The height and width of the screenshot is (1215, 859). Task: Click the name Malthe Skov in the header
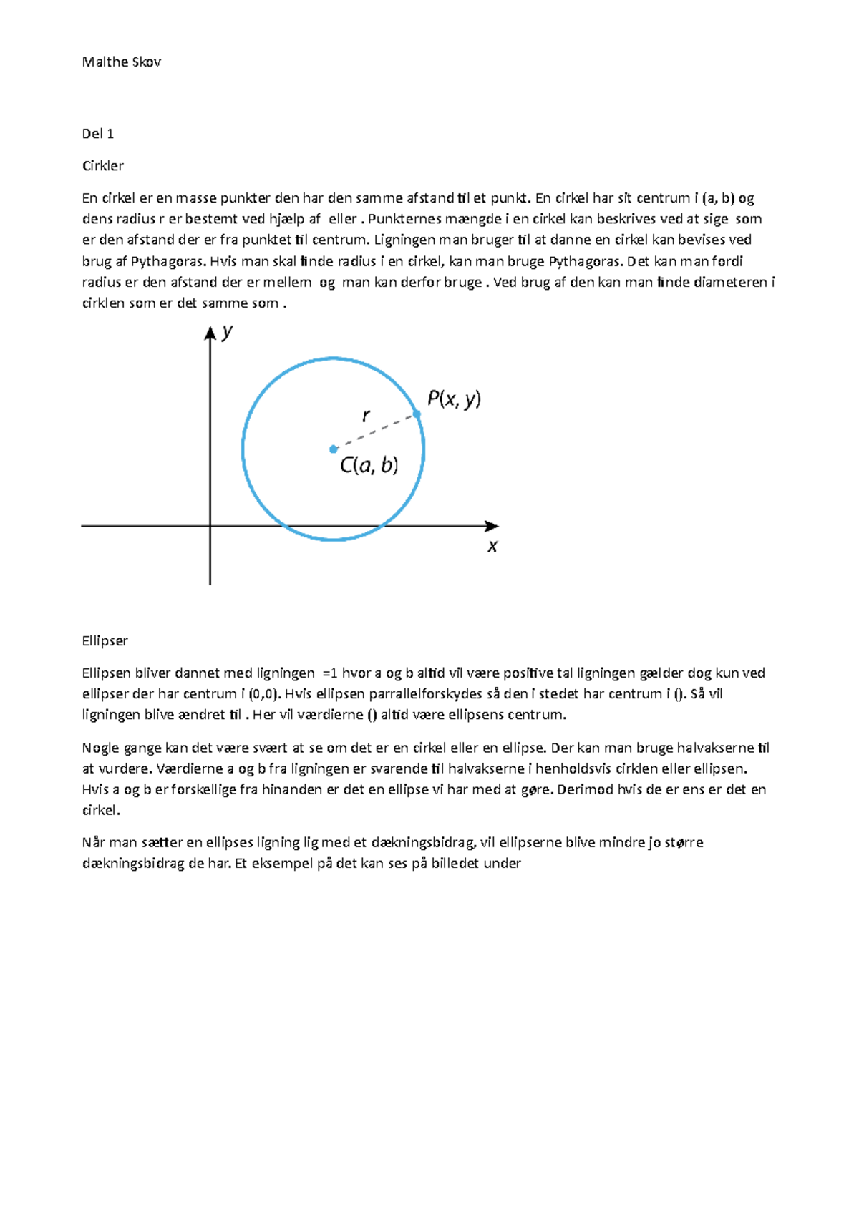pyautogui.click(x=121, y=62)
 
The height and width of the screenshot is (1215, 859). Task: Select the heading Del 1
pyautogui.click(x=98, y=134)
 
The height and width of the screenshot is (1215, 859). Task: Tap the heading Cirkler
pyautogui.click(x=103, y=166)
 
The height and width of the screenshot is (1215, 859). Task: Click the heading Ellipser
pyautogui.click(x=105, y=641)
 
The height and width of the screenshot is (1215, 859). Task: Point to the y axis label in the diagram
pyautogui.click(x=227, y=332)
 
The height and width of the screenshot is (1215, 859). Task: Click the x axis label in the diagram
pyautogui.click(x=492, y=547)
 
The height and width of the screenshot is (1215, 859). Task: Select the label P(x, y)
pyautogui.click(x=454, y=399)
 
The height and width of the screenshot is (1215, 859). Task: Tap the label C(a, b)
pyautogui.click(x=369, y=466)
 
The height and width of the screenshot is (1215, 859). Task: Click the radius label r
pyautogui.click(x=366, y=415)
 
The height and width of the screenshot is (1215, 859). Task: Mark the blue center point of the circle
pyautogui.click(x=333, y=449)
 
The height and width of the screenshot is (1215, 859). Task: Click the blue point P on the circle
pyautogui.click(x=417, y=414)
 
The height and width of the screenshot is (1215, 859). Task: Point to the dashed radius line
pyautogui.click(x=376, y=431)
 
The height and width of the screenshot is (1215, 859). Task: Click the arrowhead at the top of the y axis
pyautogui.click(x=210, y=333)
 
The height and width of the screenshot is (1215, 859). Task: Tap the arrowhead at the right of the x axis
pyautogui.click(x=492, y=526)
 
